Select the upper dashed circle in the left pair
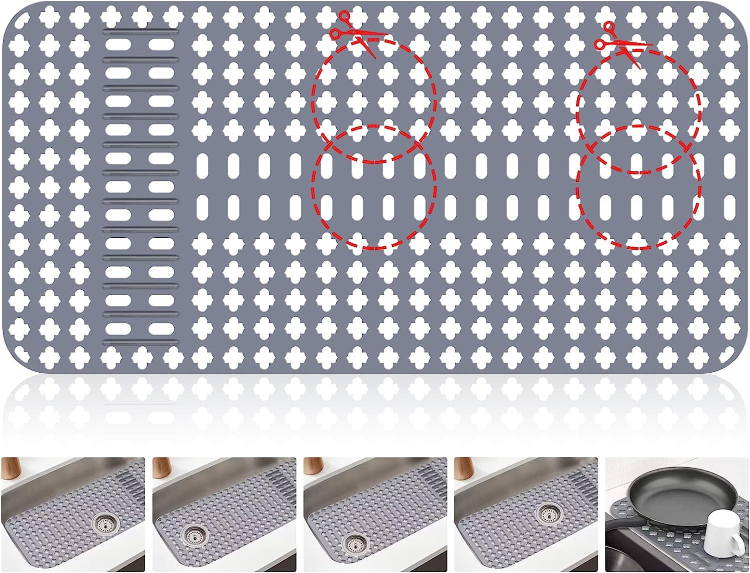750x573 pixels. [x=373, y=100]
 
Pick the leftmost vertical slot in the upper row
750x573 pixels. [x=202, y=165]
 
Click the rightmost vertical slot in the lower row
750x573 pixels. [x=729, y=206]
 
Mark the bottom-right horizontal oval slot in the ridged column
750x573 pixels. [x=161, y=328]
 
